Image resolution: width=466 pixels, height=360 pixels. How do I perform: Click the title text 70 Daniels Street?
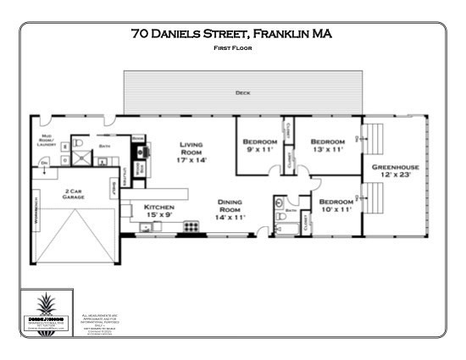(x=231, y=35)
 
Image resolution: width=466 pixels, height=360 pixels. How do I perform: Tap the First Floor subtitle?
(x=232, y=48)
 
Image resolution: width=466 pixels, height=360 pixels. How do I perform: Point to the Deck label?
(x=241, y=91)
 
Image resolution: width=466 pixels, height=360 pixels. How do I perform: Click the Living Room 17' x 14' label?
(x=191, y=152)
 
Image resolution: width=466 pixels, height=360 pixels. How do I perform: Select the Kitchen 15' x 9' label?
(x=158, y=211)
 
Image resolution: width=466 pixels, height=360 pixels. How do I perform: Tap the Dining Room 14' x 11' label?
(x=230, y=209)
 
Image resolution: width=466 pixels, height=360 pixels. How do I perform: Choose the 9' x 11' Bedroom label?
(x=259, y=145)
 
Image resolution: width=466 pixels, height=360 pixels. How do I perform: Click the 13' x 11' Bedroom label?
(x=327, y=145)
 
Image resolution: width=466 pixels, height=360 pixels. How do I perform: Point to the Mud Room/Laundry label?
(x=47, y=141)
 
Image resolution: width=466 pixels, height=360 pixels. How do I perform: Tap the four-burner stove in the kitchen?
(x=191, y=227)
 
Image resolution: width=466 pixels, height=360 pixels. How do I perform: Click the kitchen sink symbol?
(x=125, y=209)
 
